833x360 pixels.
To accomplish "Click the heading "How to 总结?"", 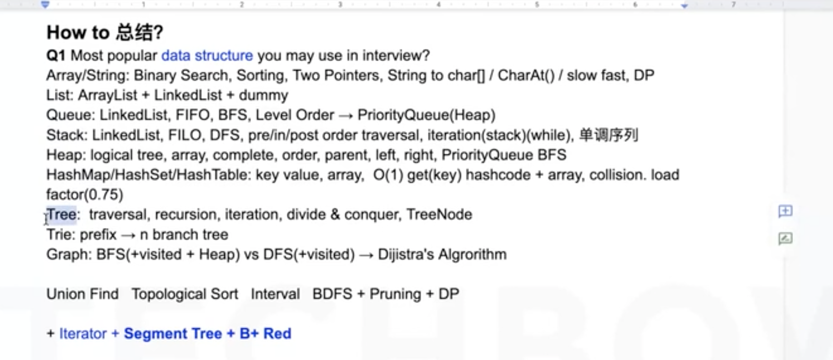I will pyautogui.click(x=105, y=33).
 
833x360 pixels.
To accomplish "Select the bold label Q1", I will pyautogui.click(x=56, y=55).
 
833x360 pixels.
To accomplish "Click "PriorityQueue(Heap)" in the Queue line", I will pyautogui.click(x=426, y=115).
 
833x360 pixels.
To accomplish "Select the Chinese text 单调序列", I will pyautogui.click(x=609, y=135).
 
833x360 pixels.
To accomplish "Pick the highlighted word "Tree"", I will pyautogui.click(x=62, y=215).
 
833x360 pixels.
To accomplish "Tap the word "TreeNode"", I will pyautogui.click(x=439, y=215).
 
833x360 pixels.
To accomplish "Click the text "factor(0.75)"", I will pyautogui.click(x=85, y=195).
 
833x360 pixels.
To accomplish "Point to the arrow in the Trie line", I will pyautogui.click(x=128, y=235).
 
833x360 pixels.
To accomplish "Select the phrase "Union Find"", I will pyautogui.click(x=83, y=294).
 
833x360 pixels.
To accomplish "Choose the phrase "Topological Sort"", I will pyautogui.click(x=185, y=294).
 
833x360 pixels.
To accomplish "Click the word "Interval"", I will pyautogui.click(x=275, y=294).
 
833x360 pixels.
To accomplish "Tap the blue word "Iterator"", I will pyautogui.click(x=83, y=334).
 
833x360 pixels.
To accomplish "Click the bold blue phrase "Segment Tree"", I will pyautogui.click(x=172, y=334).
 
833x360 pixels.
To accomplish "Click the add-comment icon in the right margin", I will pyautogui.click(x=785, y=211).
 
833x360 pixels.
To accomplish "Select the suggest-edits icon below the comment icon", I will pyautogui.click(x=785, y=238).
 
